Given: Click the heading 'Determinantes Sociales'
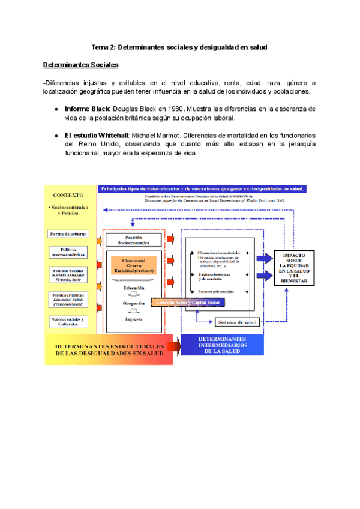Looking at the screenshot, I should tap(80, 65).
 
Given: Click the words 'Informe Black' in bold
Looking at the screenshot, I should tap(87, 109).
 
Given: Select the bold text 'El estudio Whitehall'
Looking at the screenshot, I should tap(97, 136).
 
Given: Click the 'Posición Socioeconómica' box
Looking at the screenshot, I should tap(134, 240).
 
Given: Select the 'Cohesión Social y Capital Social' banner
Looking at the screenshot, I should tap(188, 303).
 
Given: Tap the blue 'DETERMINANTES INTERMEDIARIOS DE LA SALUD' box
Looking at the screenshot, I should tap(219, 346).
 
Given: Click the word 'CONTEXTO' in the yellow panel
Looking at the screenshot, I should tap(68, 195).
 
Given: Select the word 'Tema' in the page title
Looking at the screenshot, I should tap(99, 47).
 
